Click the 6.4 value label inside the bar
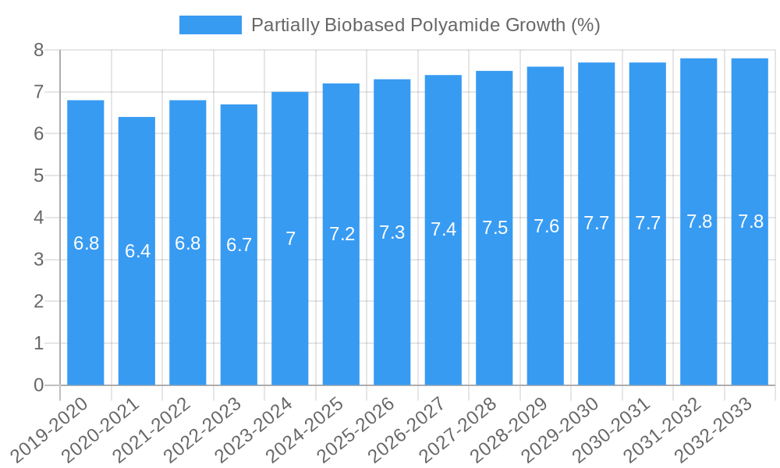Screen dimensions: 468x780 click(x=137, y=251)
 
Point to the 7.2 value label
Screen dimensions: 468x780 click(x=342, y=234)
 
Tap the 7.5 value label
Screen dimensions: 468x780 click(x=495, y=228)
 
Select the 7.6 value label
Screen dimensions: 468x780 click(x=546, y=226)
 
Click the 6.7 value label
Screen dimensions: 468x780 click(x=239, y=245)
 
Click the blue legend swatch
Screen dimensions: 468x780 click(x=210, y=25)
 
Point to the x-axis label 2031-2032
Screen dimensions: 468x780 click(x=665, y=431)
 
